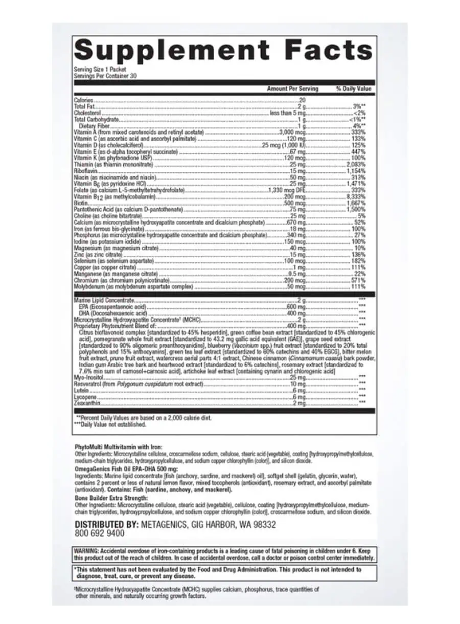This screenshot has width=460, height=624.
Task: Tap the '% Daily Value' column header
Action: click(x=353, y=89)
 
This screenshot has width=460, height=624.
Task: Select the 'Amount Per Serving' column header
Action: click(x=292, y=89)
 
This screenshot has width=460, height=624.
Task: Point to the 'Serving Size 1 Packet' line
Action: click(x=100, y=69)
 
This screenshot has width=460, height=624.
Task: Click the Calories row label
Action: click(x=84, y=101)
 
